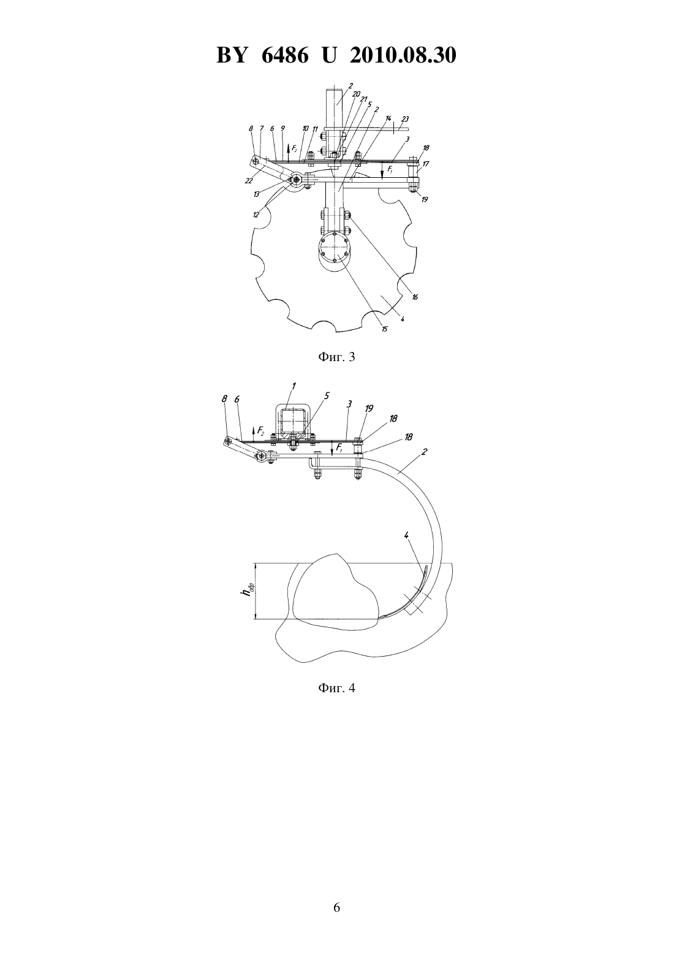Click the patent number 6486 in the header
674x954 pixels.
point(284,55)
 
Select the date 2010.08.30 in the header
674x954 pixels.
point(403,55)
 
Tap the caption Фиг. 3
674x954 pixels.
point(336,357)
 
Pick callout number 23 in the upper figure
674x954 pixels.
point(404,119)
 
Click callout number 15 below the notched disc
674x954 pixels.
point(384,329)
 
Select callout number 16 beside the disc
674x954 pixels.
point(415,297)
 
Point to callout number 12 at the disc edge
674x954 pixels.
point(256,215)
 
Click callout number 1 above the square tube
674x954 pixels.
point(293,386)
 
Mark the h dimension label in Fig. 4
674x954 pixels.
point(250,589)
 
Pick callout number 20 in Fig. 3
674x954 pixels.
point(356,94)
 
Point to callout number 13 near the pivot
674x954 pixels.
point(256,194)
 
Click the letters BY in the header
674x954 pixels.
point(232,55)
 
